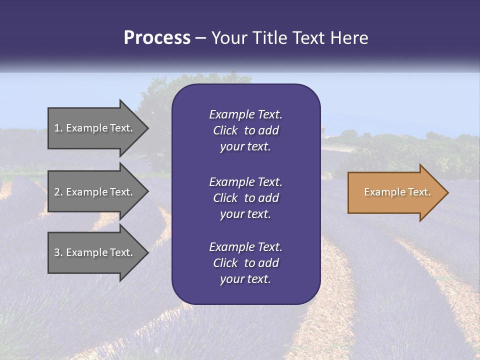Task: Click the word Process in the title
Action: (157, 38)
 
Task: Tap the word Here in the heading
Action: (349, 38)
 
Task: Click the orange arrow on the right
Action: (395, 192)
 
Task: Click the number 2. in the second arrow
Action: (58, 192)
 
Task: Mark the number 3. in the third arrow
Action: (58, 252)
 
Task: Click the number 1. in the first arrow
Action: (58, 128)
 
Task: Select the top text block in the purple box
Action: (245, 130)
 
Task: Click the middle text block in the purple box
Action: (245, 198)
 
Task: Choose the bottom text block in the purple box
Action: (245, 263)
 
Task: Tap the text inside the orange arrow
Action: (397, 192)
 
